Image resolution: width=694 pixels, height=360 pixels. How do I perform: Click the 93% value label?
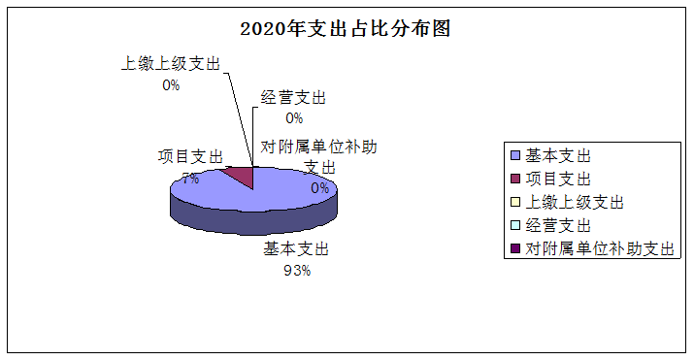tap(296, 271)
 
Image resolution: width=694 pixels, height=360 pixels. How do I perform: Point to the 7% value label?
tap(190, 179)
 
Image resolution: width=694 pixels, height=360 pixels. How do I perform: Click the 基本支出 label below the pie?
tap(297, 249)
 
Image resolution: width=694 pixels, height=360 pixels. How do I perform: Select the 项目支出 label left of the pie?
tap(191, 157)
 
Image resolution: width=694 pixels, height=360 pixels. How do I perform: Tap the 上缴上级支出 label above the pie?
tap(171, 64)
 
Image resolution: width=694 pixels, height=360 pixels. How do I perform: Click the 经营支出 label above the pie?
tap(293, 97)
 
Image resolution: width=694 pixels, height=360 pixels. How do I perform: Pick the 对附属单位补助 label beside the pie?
tap(318, 147)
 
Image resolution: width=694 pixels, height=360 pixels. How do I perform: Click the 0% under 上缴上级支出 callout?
tap(171, 85)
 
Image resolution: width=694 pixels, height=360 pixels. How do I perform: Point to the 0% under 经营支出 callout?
tap(293, 118)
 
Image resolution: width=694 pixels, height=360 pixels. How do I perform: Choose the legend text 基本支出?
tap(558, 155)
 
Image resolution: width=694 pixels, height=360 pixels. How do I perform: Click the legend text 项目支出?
tap(558, 179)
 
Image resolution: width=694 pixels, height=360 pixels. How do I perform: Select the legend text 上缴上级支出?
tap(574, 202)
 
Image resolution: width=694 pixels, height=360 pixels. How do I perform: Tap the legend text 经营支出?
tap(558, 225)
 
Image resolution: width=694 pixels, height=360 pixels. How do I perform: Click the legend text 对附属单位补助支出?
tap(599, 248)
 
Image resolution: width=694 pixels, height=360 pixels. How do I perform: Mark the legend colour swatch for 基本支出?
tap(514, 155)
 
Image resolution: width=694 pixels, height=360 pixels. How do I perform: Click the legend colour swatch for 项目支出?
tap(514, 179)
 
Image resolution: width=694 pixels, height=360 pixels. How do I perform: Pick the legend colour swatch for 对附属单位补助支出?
tap(514, 248)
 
